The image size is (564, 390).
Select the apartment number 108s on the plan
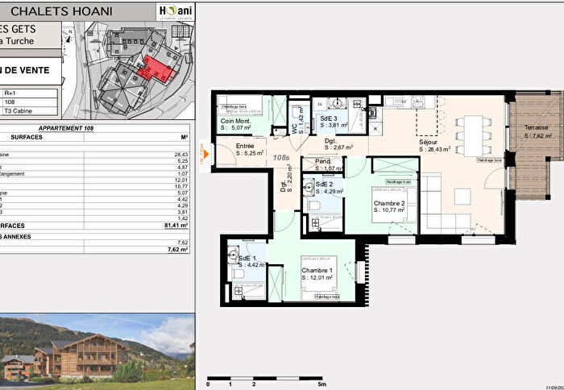280,158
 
